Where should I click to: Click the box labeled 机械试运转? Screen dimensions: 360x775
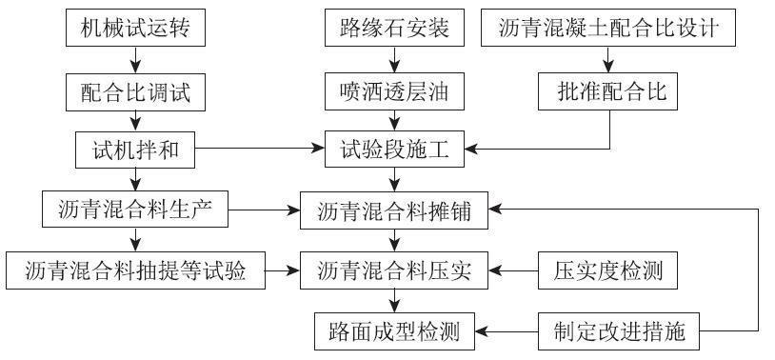point(135,30)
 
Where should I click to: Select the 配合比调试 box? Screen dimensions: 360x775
point(135,91)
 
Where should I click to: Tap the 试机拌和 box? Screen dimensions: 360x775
point(135,150)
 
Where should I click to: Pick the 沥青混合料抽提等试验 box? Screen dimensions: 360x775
point(135,271)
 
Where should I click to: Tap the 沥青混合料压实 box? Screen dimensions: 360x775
point(394,271)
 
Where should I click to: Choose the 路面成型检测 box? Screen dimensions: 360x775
point(394,331)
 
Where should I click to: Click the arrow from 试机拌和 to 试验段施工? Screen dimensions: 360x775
point(256,150)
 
